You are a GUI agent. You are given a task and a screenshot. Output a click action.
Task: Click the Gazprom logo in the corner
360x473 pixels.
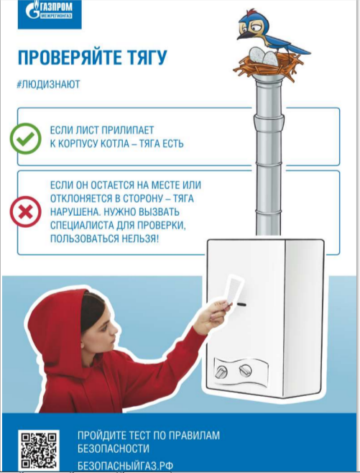[x=50, y=14]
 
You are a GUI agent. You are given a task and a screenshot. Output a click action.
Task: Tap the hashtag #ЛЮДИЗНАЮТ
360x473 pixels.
[x=49, y=84]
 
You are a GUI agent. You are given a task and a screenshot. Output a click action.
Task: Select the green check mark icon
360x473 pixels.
[x=26, y=139]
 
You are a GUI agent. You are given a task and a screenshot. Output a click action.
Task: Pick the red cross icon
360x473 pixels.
[x=26, y=212]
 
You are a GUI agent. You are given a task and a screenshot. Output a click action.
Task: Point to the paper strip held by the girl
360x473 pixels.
[x=234, y=289]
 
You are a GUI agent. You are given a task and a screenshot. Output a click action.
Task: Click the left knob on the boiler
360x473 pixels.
[x=222, y=372]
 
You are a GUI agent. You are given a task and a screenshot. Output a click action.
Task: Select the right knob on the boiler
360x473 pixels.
[x=246, y=369]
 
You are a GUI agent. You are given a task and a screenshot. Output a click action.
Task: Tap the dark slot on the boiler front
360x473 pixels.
[x=241, y=304]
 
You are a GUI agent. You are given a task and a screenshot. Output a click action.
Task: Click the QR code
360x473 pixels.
[x=39, y=451]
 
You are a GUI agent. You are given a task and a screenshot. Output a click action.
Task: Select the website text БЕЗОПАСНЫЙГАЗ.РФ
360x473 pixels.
[x=126, y=466]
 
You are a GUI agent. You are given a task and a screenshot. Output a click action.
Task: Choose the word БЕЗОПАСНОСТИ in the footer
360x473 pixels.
[x=114, y=449]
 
